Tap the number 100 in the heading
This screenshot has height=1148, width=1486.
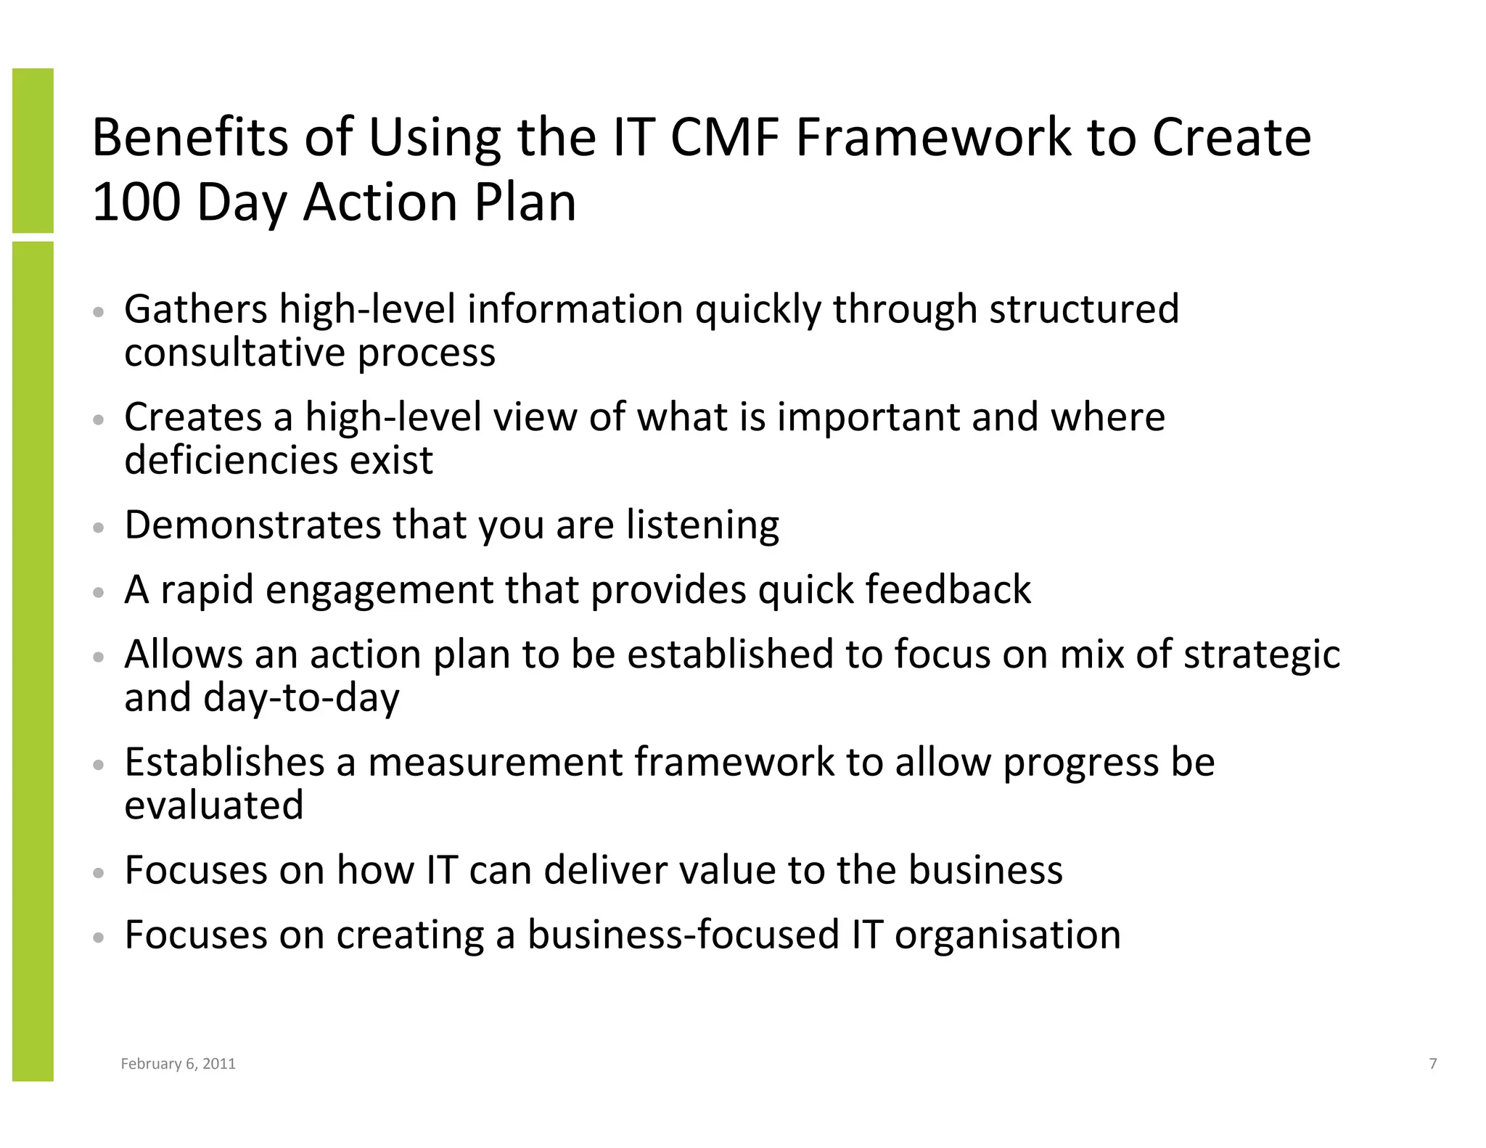[136, 202]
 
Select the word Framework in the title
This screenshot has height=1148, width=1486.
[933, 138]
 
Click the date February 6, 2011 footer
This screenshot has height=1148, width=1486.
[178, 1064]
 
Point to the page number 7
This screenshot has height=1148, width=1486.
[1432, 1064]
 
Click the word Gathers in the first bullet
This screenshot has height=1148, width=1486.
[196, 310]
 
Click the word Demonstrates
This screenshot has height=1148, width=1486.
[252, 525]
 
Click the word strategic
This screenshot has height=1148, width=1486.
[1262, 655]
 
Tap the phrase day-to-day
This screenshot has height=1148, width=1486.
[301, 698]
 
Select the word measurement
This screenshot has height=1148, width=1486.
[495, 763]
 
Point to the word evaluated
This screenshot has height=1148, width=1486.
[213, 805]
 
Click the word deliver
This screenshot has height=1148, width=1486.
[605, 870]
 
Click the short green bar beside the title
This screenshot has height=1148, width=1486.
[33, 150]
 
